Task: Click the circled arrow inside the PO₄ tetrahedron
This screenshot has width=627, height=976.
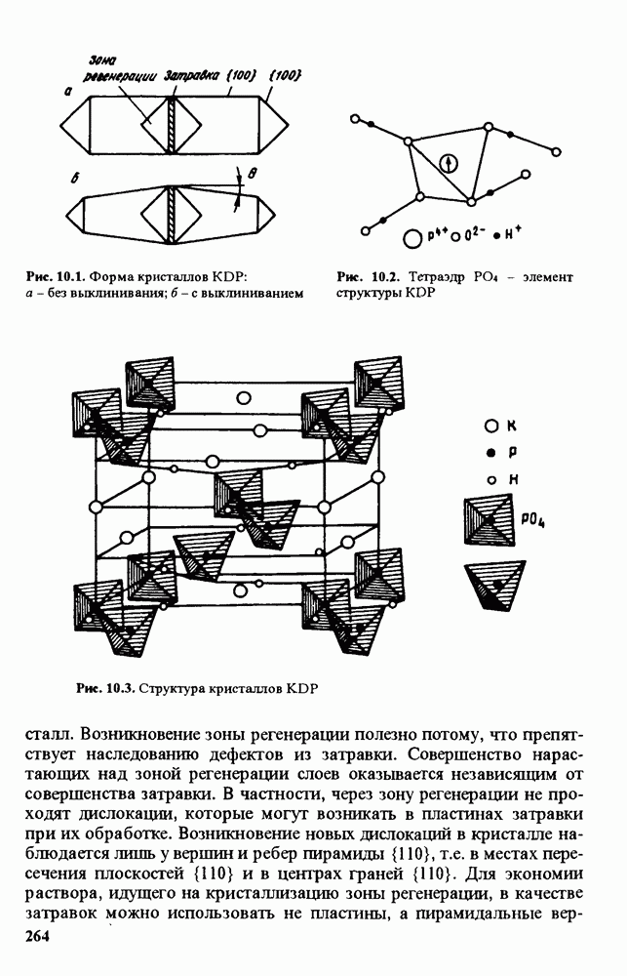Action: click(x=448, y=163)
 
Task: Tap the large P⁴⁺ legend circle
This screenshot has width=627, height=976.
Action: click(x=412, y=236)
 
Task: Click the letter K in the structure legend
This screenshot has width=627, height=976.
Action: click(x=511, y=426)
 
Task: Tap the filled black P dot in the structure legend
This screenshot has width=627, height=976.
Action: click(x=492, y=453)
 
